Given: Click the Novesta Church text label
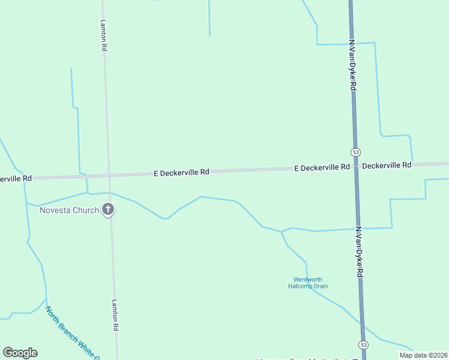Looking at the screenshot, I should tap(69, 210).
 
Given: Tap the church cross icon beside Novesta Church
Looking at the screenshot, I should tap(108, 209).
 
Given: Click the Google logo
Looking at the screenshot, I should tap(20, 353).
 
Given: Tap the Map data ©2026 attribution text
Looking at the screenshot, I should tap(423, 355).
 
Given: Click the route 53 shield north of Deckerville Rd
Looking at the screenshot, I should tap(356, 152).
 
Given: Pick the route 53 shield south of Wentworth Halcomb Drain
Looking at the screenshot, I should tap(363, 344).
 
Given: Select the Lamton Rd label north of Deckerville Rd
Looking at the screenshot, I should tap(104, 35).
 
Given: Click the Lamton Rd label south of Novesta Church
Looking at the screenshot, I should tap(115, 316).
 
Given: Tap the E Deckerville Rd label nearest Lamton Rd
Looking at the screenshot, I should tap(181, 172).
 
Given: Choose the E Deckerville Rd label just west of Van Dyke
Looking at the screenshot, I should tap(322, 167).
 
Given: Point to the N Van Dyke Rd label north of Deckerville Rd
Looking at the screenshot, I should tap(353, 66).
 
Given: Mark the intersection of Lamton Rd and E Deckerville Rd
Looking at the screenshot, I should tap(109, 175).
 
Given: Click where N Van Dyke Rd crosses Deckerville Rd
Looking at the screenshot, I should tap(356, 167).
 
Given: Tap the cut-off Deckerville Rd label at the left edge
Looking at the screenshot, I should tap(16, 179).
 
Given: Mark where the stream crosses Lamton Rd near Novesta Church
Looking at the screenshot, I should tap(110, 193).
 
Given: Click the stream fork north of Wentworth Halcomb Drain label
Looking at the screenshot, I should tap(281, 232).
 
